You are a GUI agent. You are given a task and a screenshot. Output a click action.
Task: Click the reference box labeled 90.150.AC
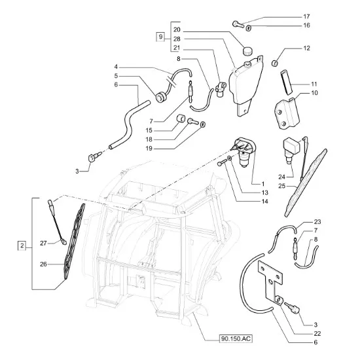[236, 338]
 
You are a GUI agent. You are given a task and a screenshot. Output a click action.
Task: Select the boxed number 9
[161, 37]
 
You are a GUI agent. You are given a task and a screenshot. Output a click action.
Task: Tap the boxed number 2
[22, 245]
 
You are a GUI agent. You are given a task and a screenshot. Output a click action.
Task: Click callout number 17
[306, 16]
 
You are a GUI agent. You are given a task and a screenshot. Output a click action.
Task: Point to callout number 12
[306, 48]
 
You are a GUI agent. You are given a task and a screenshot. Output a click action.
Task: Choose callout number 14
[264, 202]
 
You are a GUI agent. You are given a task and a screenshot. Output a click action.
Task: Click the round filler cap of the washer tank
[247, 51]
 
